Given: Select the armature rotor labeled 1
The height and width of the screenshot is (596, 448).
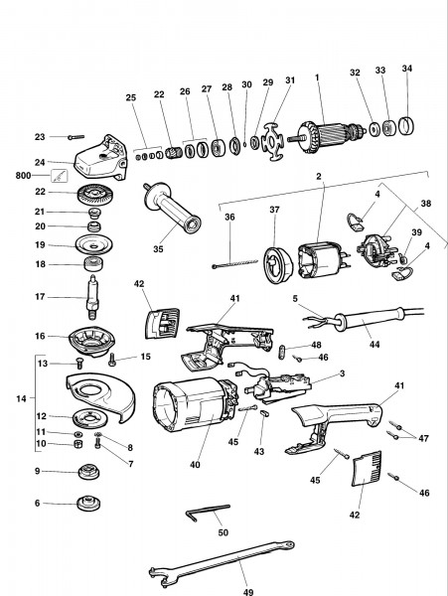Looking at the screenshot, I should [333, 132].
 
